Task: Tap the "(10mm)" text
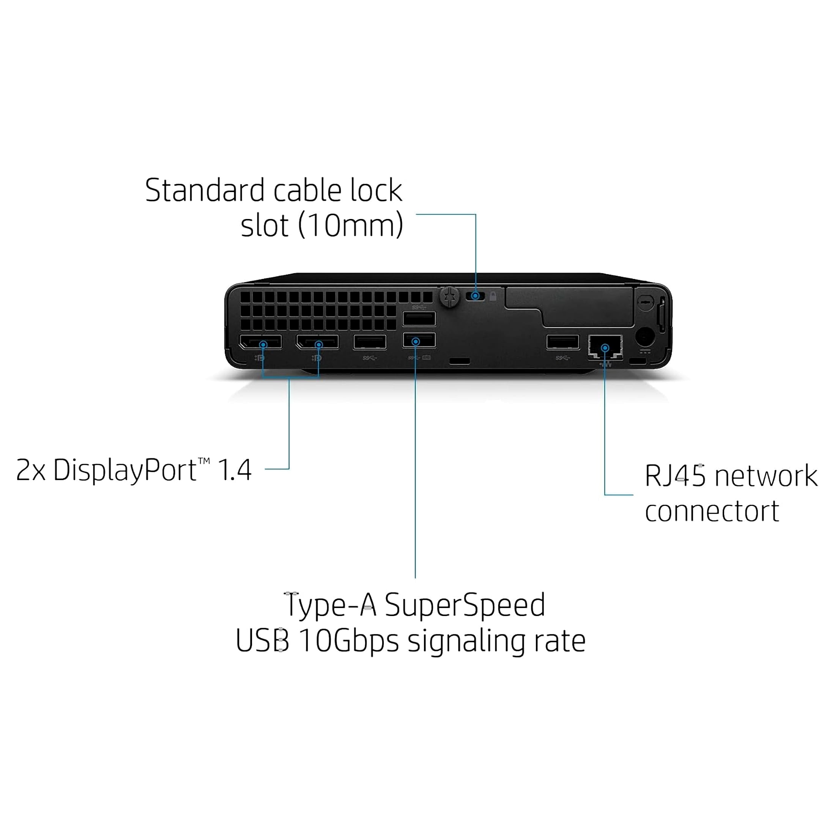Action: pos(350,225)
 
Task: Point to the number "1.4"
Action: pos(235,470)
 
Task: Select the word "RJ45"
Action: pos(675,476)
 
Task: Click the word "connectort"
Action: pos(711,511)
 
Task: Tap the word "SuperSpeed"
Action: pos(465,605)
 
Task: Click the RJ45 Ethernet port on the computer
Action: pos(605,346)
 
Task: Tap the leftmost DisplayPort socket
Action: pos(261,342)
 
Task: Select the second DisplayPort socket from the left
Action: pos(317,342)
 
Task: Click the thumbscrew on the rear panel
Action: pos(449,296)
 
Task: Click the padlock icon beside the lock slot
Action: pos(493,296)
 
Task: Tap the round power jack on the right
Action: pos(644,336)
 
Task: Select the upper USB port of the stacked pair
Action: pos(419,319)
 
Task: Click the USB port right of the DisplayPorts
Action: pos(370,342)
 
